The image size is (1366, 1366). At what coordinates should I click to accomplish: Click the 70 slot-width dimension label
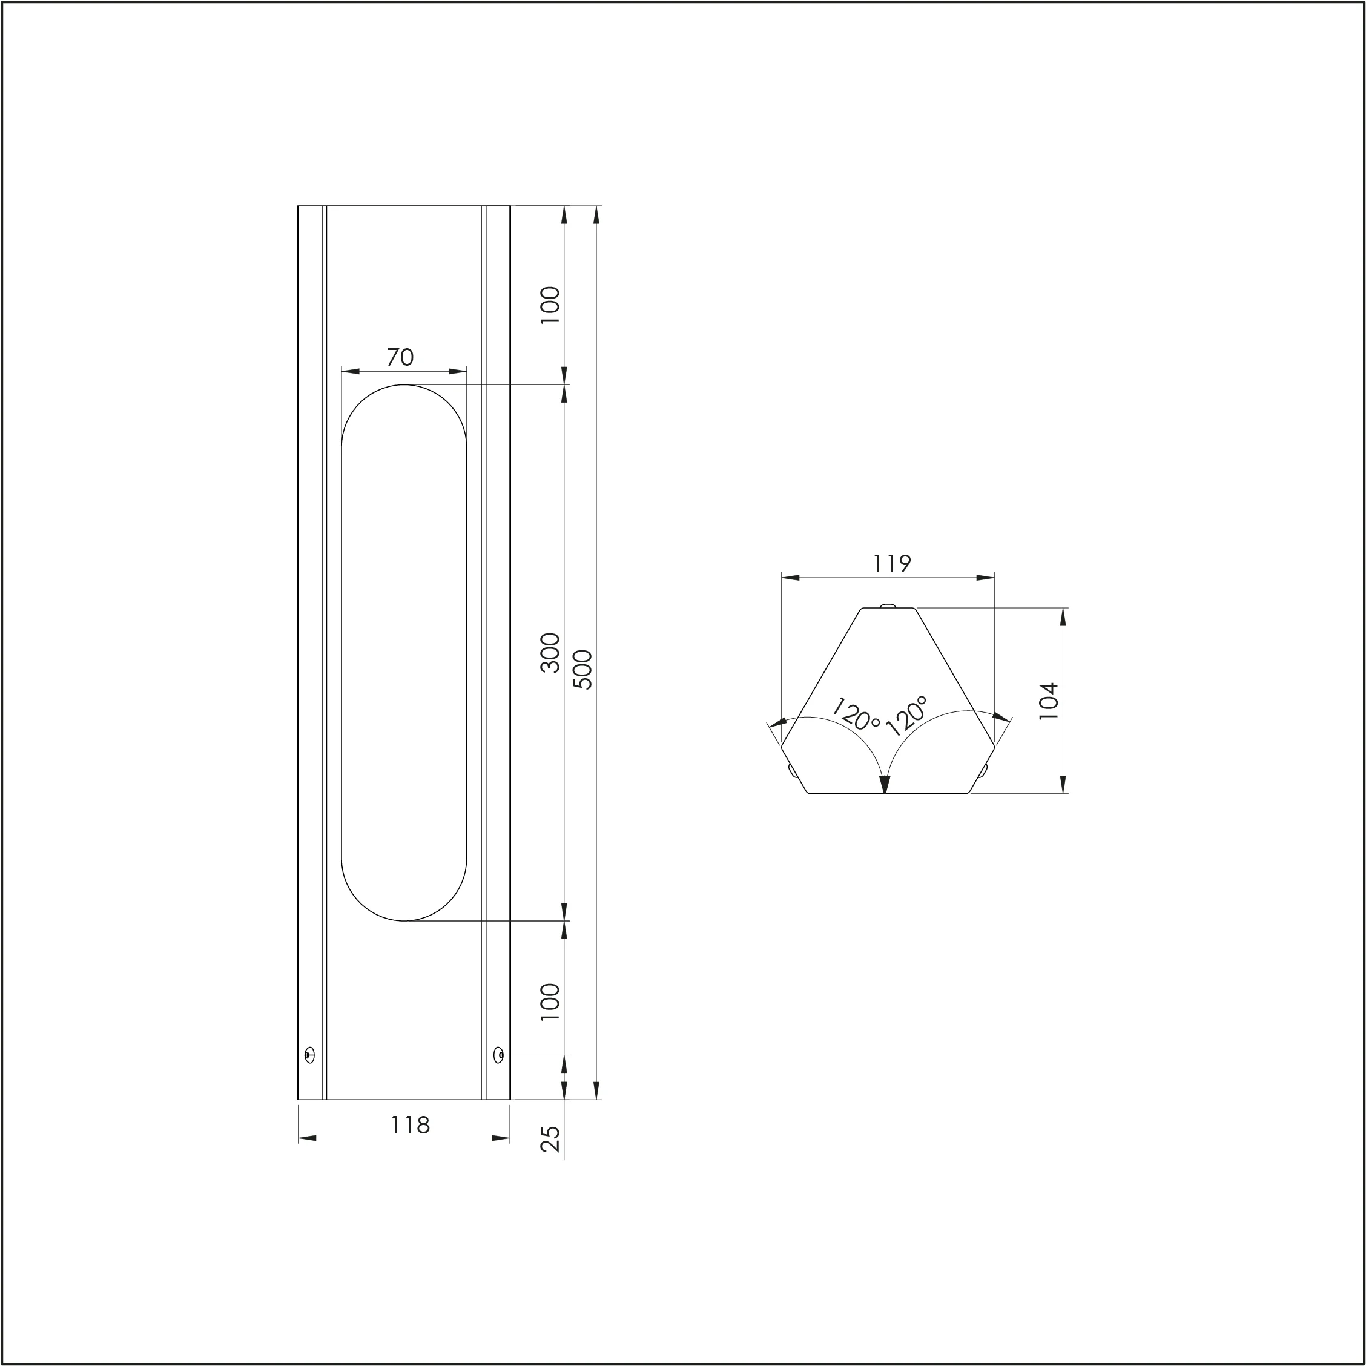coord(400,357)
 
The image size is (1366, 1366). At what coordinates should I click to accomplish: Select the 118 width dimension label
coord(410,1125)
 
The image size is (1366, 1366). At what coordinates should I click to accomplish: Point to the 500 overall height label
coord(583,669)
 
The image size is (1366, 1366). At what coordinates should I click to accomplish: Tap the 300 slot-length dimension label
coord(549,653)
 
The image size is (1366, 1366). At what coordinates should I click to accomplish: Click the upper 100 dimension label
coord(549,305)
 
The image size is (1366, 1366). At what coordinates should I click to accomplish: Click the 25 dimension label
coord(550,1139)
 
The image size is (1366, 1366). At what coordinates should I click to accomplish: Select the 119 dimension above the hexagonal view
coord(891,564)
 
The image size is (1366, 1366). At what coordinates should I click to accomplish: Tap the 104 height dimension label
coord(1049,701)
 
